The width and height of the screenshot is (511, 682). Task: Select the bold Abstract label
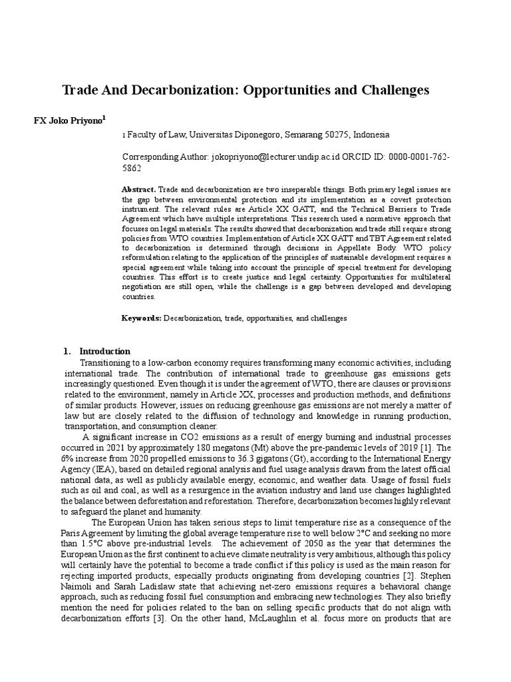point(138,190)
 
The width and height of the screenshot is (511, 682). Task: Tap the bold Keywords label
point(141,318)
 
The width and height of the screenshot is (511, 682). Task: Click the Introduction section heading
point(105,351)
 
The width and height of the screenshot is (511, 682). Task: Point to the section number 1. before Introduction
point(67,351)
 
